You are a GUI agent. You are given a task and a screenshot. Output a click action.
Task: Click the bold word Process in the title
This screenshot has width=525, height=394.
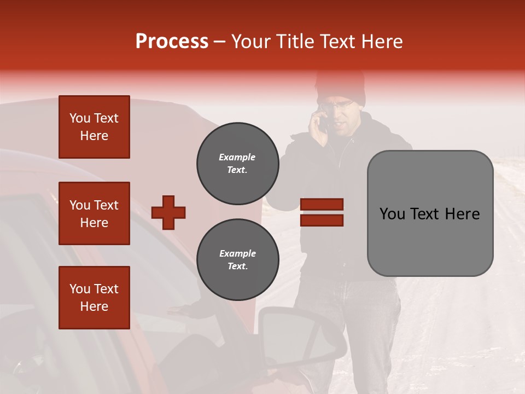[x=172, y=41]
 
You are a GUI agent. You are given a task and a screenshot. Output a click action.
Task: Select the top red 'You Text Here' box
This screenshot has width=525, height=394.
[x=94, y=127]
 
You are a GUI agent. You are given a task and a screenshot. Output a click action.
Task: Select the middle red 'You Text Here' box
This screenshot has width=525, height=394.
[x=94, y=213]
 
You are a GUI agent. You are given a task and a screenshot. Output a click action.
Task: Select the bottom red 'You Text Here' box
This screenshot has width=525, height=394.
[x=94, y=297]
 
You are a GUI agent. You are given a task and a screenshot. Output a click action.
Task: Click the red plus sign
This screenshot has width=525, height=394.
[x=168, y=212]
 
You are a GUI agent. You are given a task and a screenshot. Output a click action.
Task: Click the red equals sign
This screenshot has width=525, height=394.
[x=322, y=212]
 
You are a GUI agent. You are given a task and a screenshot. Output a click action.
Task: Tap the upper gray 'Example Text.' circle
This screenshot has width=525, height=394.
[x=237, y=164]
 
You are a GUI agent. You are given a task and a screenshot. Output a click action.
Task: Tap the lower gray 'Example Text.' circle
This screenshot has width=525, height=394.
[x=237, y=260]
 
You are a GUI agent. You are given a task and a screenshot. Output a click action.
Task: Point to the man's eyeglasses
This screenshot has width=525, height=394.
[x=336, y=105]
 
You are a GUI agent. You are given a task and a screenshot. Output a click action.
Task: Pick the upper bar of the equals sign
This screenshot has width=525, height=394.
[x=322, y=205]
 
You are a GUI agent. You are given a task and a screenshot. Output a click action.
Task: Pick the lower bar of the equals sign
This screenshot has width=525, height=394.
[x=322, y=220]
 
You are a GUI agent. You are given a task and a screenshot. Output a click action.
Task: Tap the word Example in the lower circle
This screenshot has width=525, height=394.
[x=237, y=253]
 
